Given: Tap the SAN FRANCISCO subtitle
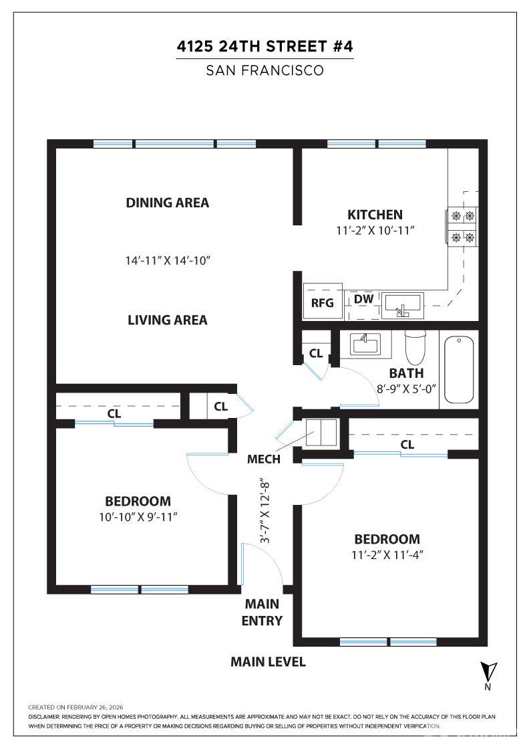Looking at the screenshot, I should (264, 70).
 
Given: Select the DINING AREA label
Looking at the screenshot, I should (167, 203).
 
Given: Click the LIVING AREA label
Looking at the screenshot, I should (167, 320).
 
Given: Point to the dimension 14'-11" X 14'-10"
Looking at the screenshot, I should (167, 260).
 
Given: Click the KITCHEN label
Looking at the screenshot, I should (375, 215).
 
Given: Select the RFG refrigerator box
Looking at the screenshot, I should (323, 302).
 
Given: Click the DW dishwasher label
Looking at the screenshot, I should (363, 299).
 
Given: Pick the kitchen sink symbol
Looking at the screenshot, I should (402, 306).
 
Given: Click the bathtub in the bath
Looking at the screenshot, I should (459, 369).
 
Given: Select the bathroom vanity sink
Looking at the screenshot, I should (365, 344).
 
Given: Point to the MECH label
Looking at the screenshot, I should (263, 459).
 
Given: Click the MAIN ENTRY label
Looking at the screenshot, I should (262, 613).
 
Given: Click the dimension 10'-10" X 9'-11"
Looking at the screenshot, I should (138, 516).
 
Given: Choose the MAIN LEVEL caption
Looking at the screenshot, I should (268, 662).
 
